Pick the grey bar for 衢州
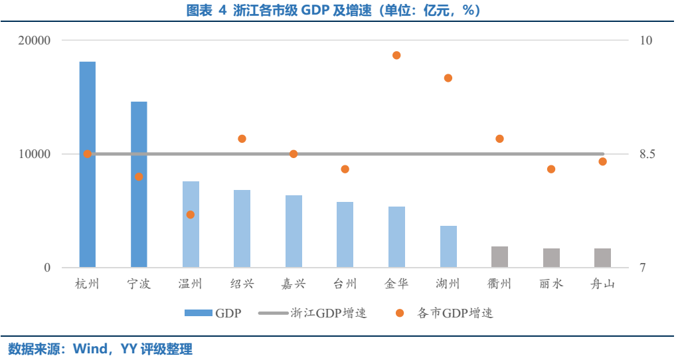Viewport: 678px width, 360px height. pyautogui.click(x=499, y=257)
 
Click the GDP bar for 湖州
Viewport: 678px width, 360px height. pyautogui.click(x=448, y=246)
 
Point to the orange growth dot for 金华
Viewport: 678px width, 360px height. pyautogui.click(x=396, y=55)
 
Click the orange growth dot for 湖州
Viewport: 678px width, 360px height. pyautogui.click(x=448, y=78)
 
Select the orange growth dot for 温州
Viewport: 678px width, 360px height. pyautogui.click(x=191, y=215)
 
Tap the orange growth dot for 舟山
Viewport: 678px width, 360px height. pyautogui.click(x=602, y=161)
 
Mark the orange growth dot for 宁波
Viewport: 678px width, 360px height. pyautogui.click(x=139, y=177)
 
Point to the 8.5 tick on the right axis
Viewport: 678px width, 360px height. pyautogui.click(x=647, y=154)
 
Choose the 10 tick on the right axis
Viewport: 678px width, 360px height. pyautogui.click(x=645, y=40)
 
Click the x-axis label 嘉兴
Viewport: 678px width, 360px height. pyautogui.click(x=294, y=284)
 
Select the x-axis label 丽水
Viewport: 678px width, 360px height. pyautogui.click(x=551, y=284)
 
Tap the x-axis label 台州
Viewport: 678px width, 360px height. pyautogui.click(x=345, y=284)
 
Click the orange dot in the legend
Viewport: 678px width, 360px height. pyautogui.click(x=400, y=313)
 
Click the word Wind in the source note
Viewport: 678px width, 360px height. pyautogui.click(x=89, y=349)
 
